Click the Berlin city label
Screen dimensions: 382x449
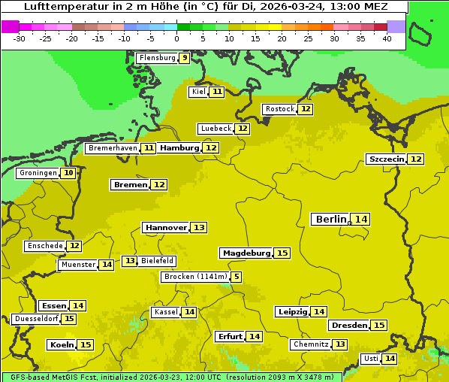pos(330,219)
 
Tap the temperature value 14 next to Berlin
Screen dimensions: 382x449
pos(361,219)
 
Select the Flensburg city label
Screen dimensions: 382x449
pos(157,57)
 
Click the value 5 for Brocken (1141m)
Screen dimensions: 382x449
pos(237,277)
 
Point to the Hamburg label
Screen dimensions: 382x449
pos(179,148)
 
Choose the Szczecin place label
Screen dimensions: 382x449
pos(386,159)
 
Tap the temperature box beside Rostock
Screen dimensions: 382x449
pos(305,109)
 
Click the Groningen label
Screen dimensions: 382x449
pos(38,173)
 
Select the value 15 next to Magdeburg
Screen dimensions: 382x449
pos(282,253)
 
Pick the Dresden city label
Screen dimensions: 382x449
pos(348,325)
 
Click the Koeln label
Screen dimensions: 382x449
pos(61,344)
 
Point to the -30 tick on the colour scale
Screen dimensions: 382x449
pos(20,38)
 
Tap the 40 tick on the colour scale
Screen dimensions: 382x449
pos(387,38)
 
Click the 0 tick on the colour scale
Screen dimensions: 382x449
pos(176,38)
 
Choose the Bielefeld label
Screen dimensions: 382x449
pos(157,261)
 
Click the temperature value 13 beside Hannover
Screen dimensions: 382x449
pos(198,227)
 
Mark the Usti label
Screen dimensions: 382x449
pos(371,359)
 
